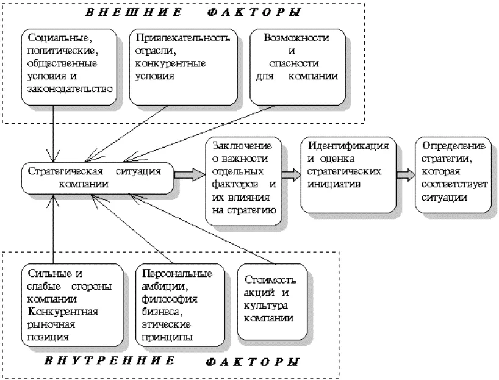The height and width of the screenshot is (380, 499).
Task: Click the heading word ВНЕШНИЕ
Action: (134, 12)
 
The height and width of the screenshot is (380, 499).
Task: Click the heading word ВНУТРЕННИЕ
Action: (109, 360)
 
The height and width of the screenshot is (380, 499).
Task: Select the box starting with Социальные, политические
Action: (69, 67)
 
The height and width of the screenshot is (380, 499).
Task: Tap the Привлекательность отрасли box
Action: (183, 67)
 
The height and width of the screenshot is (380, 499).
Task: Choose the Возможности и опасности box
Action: (298, 67)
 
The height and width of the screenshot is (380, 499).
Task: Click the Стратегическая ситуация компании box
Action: (98, 178)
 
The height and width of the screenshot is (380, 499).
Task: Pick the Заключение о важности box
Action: (244, 181)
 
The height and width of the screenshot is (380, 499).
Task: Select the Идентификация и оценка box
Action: (348, 175)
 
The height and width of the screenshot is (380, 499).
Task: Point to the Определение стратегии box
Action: (453, 175)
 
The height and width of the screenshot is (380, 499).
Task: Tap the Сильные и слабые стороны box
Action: (72, 305)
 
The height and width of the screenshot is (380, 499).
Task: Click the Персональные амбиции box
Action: (180, 305)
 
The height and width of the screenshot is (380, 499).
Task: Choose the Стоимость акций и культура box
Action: (273, 302)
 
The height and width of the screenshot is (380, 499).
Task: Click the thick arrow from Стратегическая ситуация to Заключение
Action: (190, 175)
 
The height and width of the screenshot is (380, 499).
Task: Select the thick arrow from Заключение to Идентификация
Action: (292, 175)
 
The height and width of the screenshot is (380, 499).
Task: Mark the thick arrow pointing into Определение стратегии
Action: (406, 175)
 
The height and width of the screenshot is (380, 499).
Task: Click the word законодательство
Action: (70, 89)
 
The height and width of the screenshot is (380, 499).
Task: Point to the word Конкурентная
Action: (63, 312)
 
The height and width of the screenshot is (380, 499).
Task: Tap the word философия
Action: (170, 299)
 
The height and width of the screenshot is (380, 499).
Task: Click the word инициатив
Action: (334, 184)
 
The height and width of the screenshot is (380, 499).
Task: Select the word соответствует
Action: (454, 184)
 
